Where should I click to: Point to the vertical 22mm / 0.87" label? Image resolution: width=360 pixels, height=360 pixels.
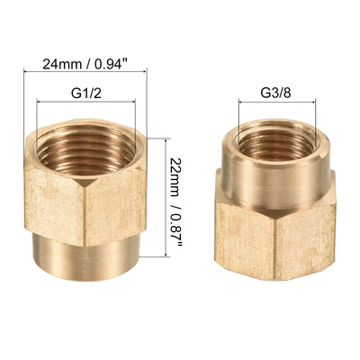(x=183, y=208)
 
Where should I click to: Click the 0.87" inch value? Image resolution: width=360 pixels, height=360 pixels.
(x=183, y=238)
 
